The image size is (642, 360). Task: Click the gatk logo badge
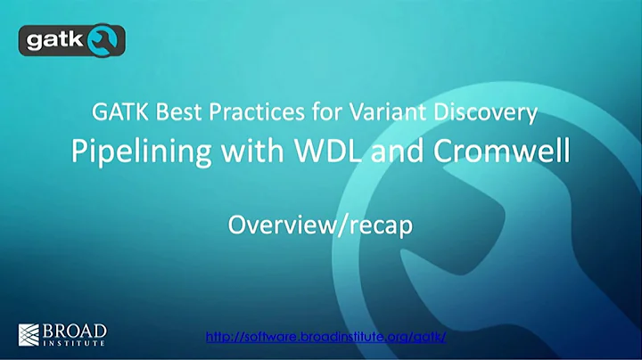[72, 40]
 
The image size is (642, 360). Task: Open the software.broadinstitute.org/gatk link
[325, 337]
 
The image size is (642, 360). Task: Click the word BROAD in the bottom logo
[76, 329]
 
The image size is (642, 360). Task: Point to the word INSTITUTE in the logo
[76, 342]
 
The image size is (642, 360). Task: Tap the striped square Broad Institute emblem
[29, 334]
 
